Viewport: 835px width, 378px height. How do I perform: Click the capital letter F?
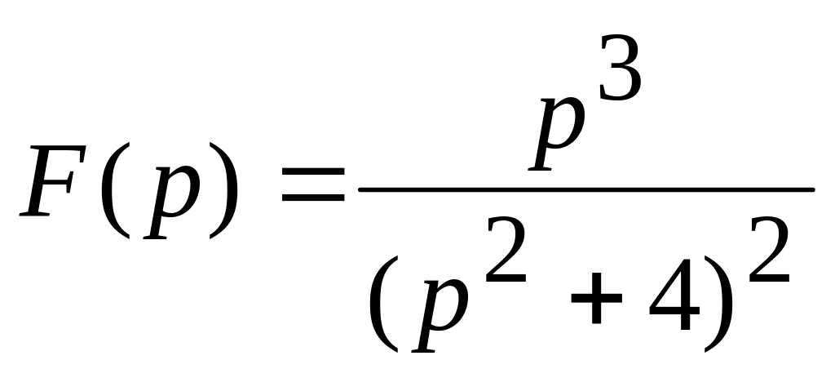[52, 180]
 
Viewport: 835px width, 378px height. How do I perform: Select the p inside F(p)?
[172, 202]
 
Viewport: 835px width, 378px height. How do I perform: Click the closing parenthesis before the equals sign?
[223, 190]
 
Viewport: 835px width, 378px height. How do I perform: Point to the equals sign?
[313, 185]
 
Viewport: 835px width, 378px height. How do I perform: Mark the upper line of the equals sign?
[313, 172]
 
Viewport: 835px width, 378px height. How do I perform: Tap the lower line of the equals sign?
[313, 198]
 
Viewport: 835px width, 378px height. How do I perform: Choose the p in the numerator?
[557, 135]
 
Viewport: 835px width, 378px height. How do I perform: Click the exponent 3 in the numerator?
[620, 67]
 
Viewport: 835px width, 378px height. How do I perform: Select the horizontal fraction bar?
[587, 189]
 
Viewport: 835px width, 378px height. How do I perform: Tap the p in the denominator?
[440, 316]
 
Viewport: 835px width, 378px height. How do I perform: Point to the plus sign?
[596, 298]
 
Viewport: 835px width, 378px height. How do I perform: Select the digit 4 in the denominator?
[674, 294]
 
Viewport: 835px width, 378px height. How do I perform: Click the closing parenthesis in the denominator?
[718, 304]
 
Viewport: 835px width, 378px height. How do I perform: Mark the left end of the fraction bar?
[360, 189]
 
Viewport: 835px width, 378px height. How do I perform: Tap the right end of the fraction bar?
[814, 189]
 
